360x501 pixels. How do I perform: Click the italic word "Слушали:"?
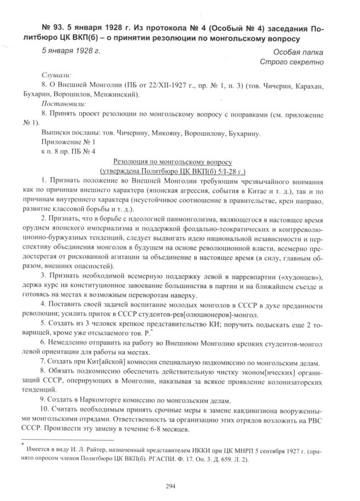click(57, 75)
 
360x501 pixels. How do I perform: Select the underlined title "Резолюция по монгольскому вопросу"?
click(173, 163)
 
